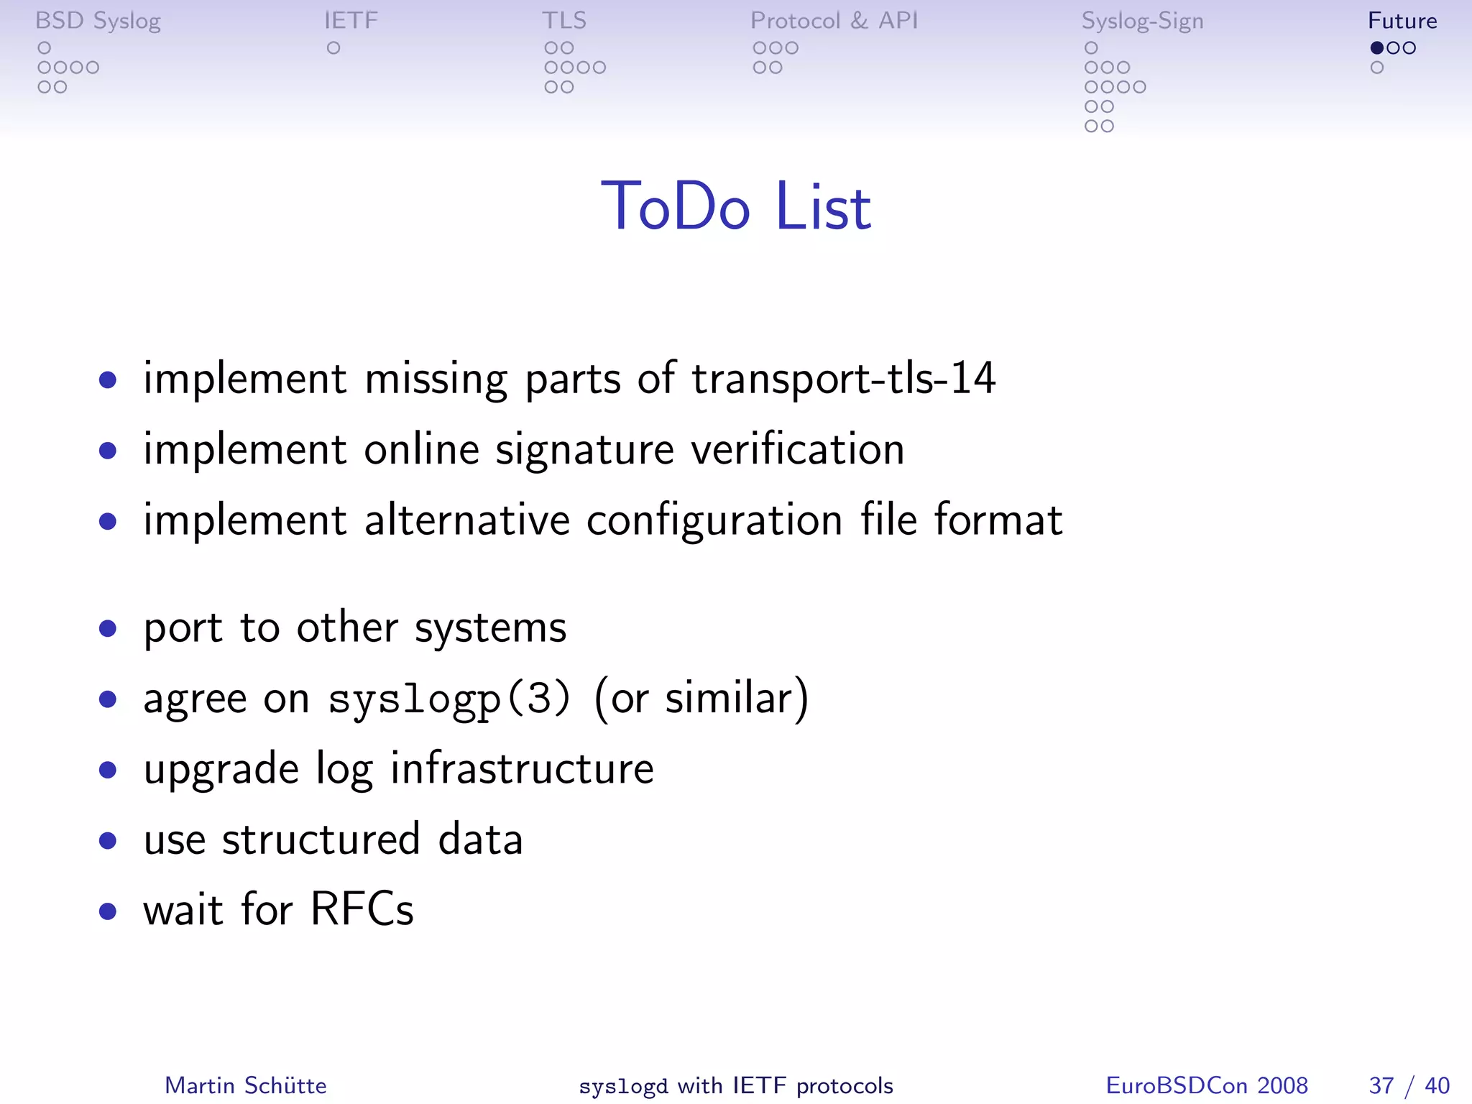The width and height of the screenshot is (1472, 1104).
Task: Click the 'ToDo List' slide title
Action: coord(736,207)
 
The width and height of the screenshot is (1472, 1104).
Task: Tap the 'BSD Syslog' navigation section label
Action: coord(98,21)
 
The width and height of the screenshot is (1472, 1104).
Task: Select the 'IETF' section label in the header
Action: coord(351,20)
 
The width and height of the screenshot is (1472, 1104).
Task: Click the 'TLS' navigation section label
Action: coord(564,20)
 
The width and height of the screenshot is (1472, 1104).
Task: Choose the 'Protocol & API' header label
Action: coord(834,20)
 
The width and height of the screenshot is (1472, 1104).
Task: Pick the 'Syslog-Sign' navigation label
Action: coord(1142,21)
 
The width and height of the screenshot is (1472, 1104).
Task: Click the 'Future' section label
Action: coord(1402,20)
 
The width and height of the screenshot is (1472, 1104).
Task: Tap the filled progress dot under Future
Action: coord(1377,48)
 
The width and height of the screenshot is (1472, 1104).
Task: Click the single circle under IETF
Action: coord(333,48)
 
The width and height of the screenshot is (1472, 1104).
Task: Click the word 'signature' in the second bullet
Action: coord(584,451)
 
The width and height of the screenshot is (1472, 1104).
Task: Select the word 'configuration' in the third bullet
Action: coord(714,520)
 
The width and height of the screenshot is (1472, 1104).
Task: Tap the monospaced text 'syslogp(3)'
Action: coord(449,699)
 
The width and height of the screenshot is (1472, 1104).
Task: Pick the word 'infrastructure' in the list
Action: coord(522,768)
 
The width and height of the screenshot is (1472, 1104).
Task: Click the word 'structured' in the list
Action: coord(321,839)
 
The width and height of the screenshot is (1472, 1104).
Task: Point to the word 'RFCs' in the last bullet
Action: coord(362,909)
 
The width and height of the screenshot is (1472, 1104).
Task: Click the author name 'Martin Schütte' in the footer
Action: coord(246,1085)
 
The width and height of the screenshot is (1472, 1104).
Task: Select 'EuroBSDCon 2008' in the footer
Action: coord(1207,1085)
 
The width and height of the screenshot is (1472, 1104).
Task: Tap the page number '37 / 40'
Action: coord(1409,1085)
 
